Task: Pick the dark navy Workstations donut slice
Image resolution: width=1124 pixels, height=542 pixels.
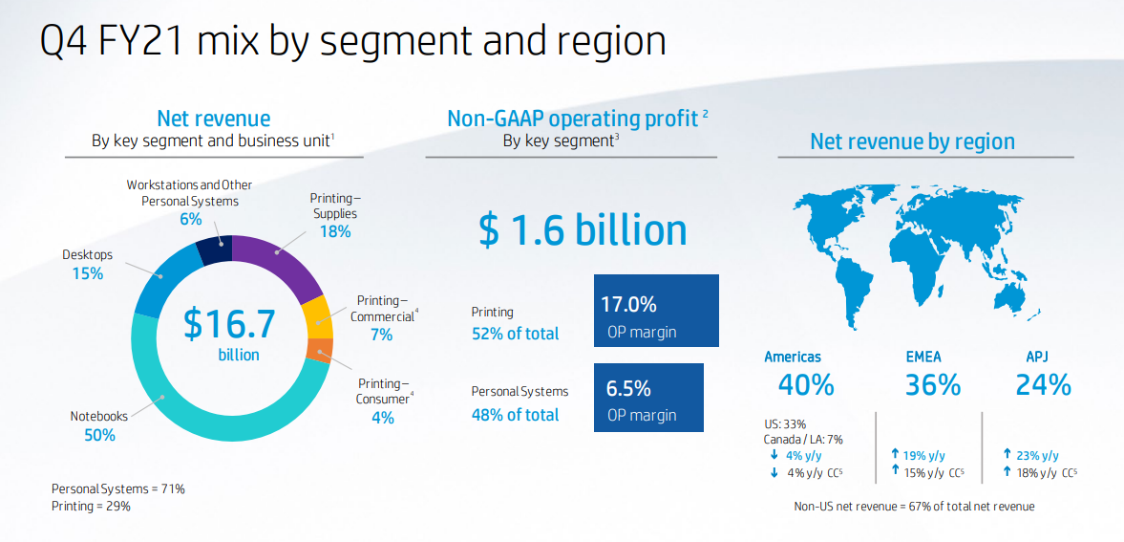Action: tap(215, 249)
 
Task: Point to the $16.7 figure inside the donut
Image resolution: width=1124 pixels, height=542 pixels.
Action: tap(229, 323)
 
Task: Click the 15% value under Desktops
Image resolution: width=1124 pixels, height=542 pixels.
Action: tap(87, 273)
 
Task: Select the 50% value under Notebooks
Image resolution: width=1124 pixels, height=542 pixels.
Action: tap(99, 435)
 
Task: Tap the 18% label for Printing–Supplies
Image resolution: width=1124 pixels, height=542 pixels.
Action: tap(335, 231)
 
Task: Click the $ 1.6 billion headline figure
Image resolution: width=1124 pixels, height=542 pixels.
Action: tap(583, 229)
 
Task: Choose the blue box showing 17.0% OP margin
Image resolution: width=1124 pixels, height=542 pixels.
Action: tap(655, 312)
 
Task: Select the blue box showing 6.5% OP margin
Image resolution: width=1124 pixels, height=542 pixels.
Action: tap(648, 397)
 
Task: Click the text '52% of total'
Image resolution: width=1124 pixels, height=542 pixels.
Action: tap(516, 334)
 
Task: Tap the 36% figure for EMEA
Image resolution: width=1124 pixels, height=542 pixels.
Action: tap(932, 384)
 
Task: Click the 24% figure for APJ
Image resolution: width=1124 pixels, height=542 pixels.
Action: tap(1043, 384)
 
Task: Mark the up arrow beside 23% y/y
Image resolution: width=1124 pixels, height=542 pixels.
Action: tap(1007, 455)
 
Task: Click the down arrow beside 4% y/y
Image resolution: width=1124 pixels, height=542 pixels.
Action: tap(774, 456)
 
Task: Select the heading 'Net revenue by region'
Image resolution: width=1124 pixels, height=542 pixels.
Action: tap(912, 141)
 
